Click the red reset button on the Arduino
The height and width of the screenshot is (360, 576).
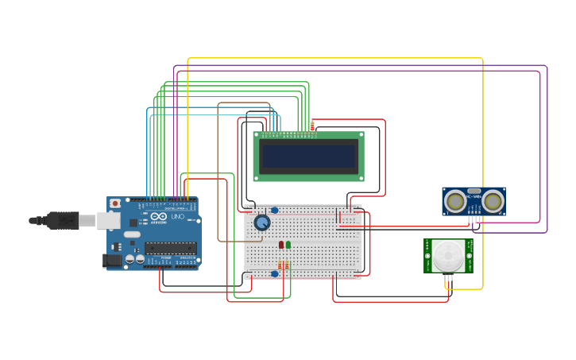115,203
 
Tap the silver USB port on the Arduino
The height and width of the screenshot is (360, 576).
108,220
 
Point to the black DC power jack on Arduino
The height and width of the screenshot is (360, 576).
114,259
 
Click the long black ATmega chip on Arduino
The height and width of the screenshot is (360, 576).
170,248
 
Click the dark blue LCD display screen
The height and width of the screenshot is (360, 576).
308,157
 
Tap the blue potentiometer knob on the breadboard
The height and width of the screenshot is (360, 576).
261,223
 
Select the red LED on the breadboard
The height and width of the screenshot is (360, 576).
281,245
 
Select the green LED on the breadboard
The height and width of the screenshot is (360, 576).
288,245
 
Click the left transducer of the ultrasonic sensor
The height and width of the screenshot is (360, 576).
455,201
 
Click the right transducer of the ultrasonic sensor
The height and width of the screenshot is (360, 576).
493,201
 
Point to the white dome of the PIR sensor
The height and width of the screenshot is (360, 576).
447,256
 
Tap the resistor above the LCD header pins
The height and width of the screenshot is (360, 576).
312,126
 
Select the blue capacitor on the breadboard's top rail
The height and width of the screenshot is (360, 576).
274,211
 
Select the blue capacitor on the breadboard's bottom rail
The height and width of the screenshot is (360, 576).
274,274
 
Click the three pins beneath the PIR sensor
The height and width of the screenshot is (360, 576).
447,277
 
